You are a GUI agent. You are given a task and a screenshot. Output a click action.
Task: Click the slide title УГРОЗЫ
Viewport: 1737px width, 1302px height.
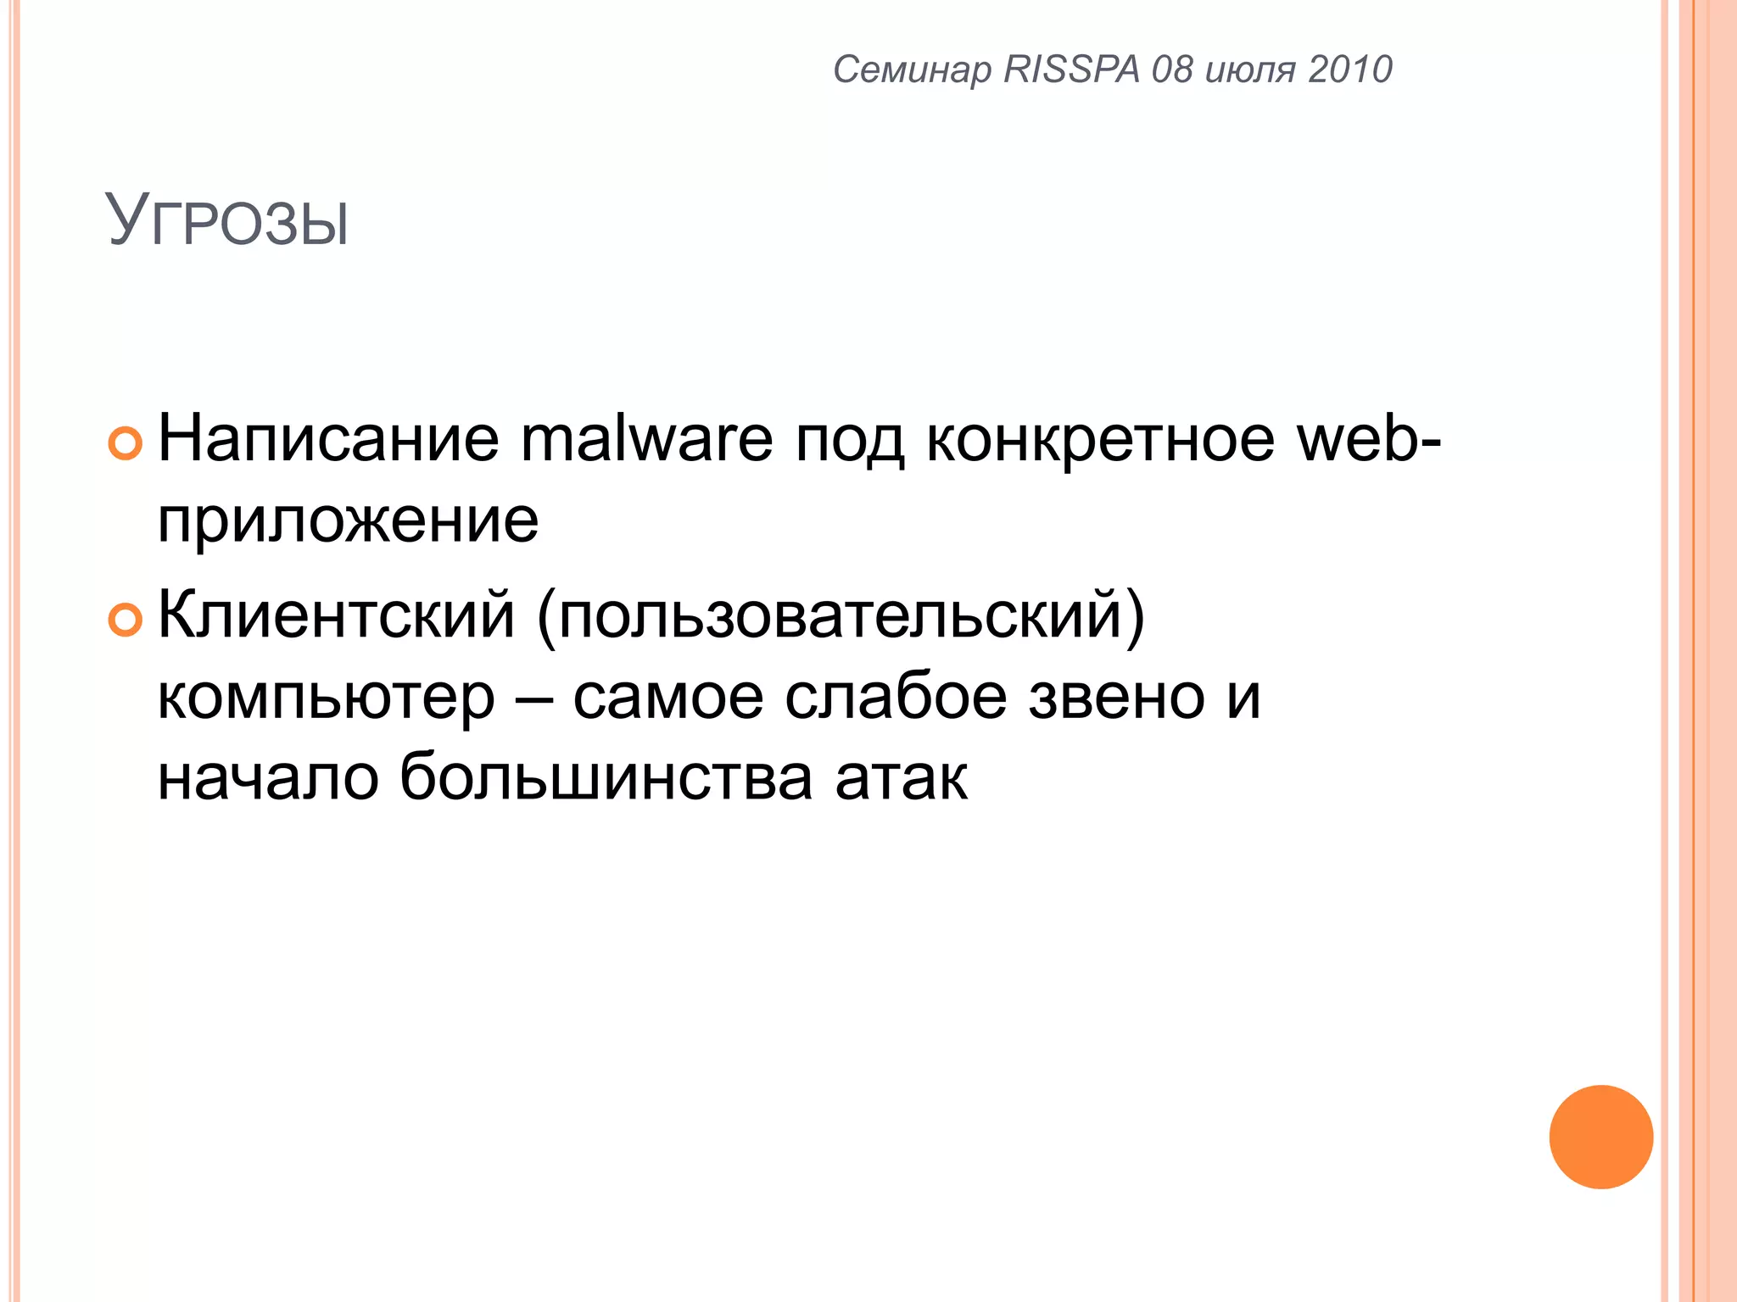[227, 222]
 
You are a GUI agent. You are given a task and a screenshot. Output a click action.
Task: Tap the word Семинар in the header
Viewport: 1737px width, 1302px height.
[912, 70]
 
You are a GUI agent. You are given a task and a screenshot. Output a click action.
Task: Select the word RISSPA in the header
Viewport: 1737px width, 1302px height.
[1072, 70]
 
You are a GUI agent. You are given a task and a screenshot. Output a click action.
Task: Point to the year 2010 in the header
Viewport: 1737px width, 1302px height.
[1350, 70]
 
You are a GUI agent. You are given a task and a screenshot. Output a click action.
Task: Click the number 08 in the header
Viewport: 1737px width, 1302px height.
[1172, 70]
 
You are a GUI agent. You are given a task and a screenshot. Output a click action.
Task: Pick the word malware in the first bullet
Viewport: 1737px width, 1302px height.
[647, 440]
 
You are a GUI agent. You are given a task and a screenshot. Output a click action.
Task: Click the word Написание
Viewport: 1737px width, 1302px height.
[329, 440]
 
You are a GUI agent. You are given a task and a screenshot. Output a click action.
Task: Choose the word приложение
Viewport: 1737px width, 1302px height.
[348, 521]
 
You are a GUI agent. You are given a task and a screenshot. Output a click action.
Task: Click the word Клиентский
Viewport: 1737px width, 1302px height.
[336, 615]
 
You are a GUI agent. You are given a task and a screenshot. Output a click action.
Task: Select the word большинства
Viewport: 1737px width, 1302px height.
[606, 778]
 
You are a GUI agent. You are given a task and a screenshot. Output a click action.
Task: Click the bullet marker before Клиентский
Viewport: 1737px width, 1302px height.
[126, 620]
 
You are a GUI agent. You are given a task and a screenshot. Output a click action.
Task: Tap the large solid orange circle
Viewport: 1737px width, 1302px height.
[1600, 1137]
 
